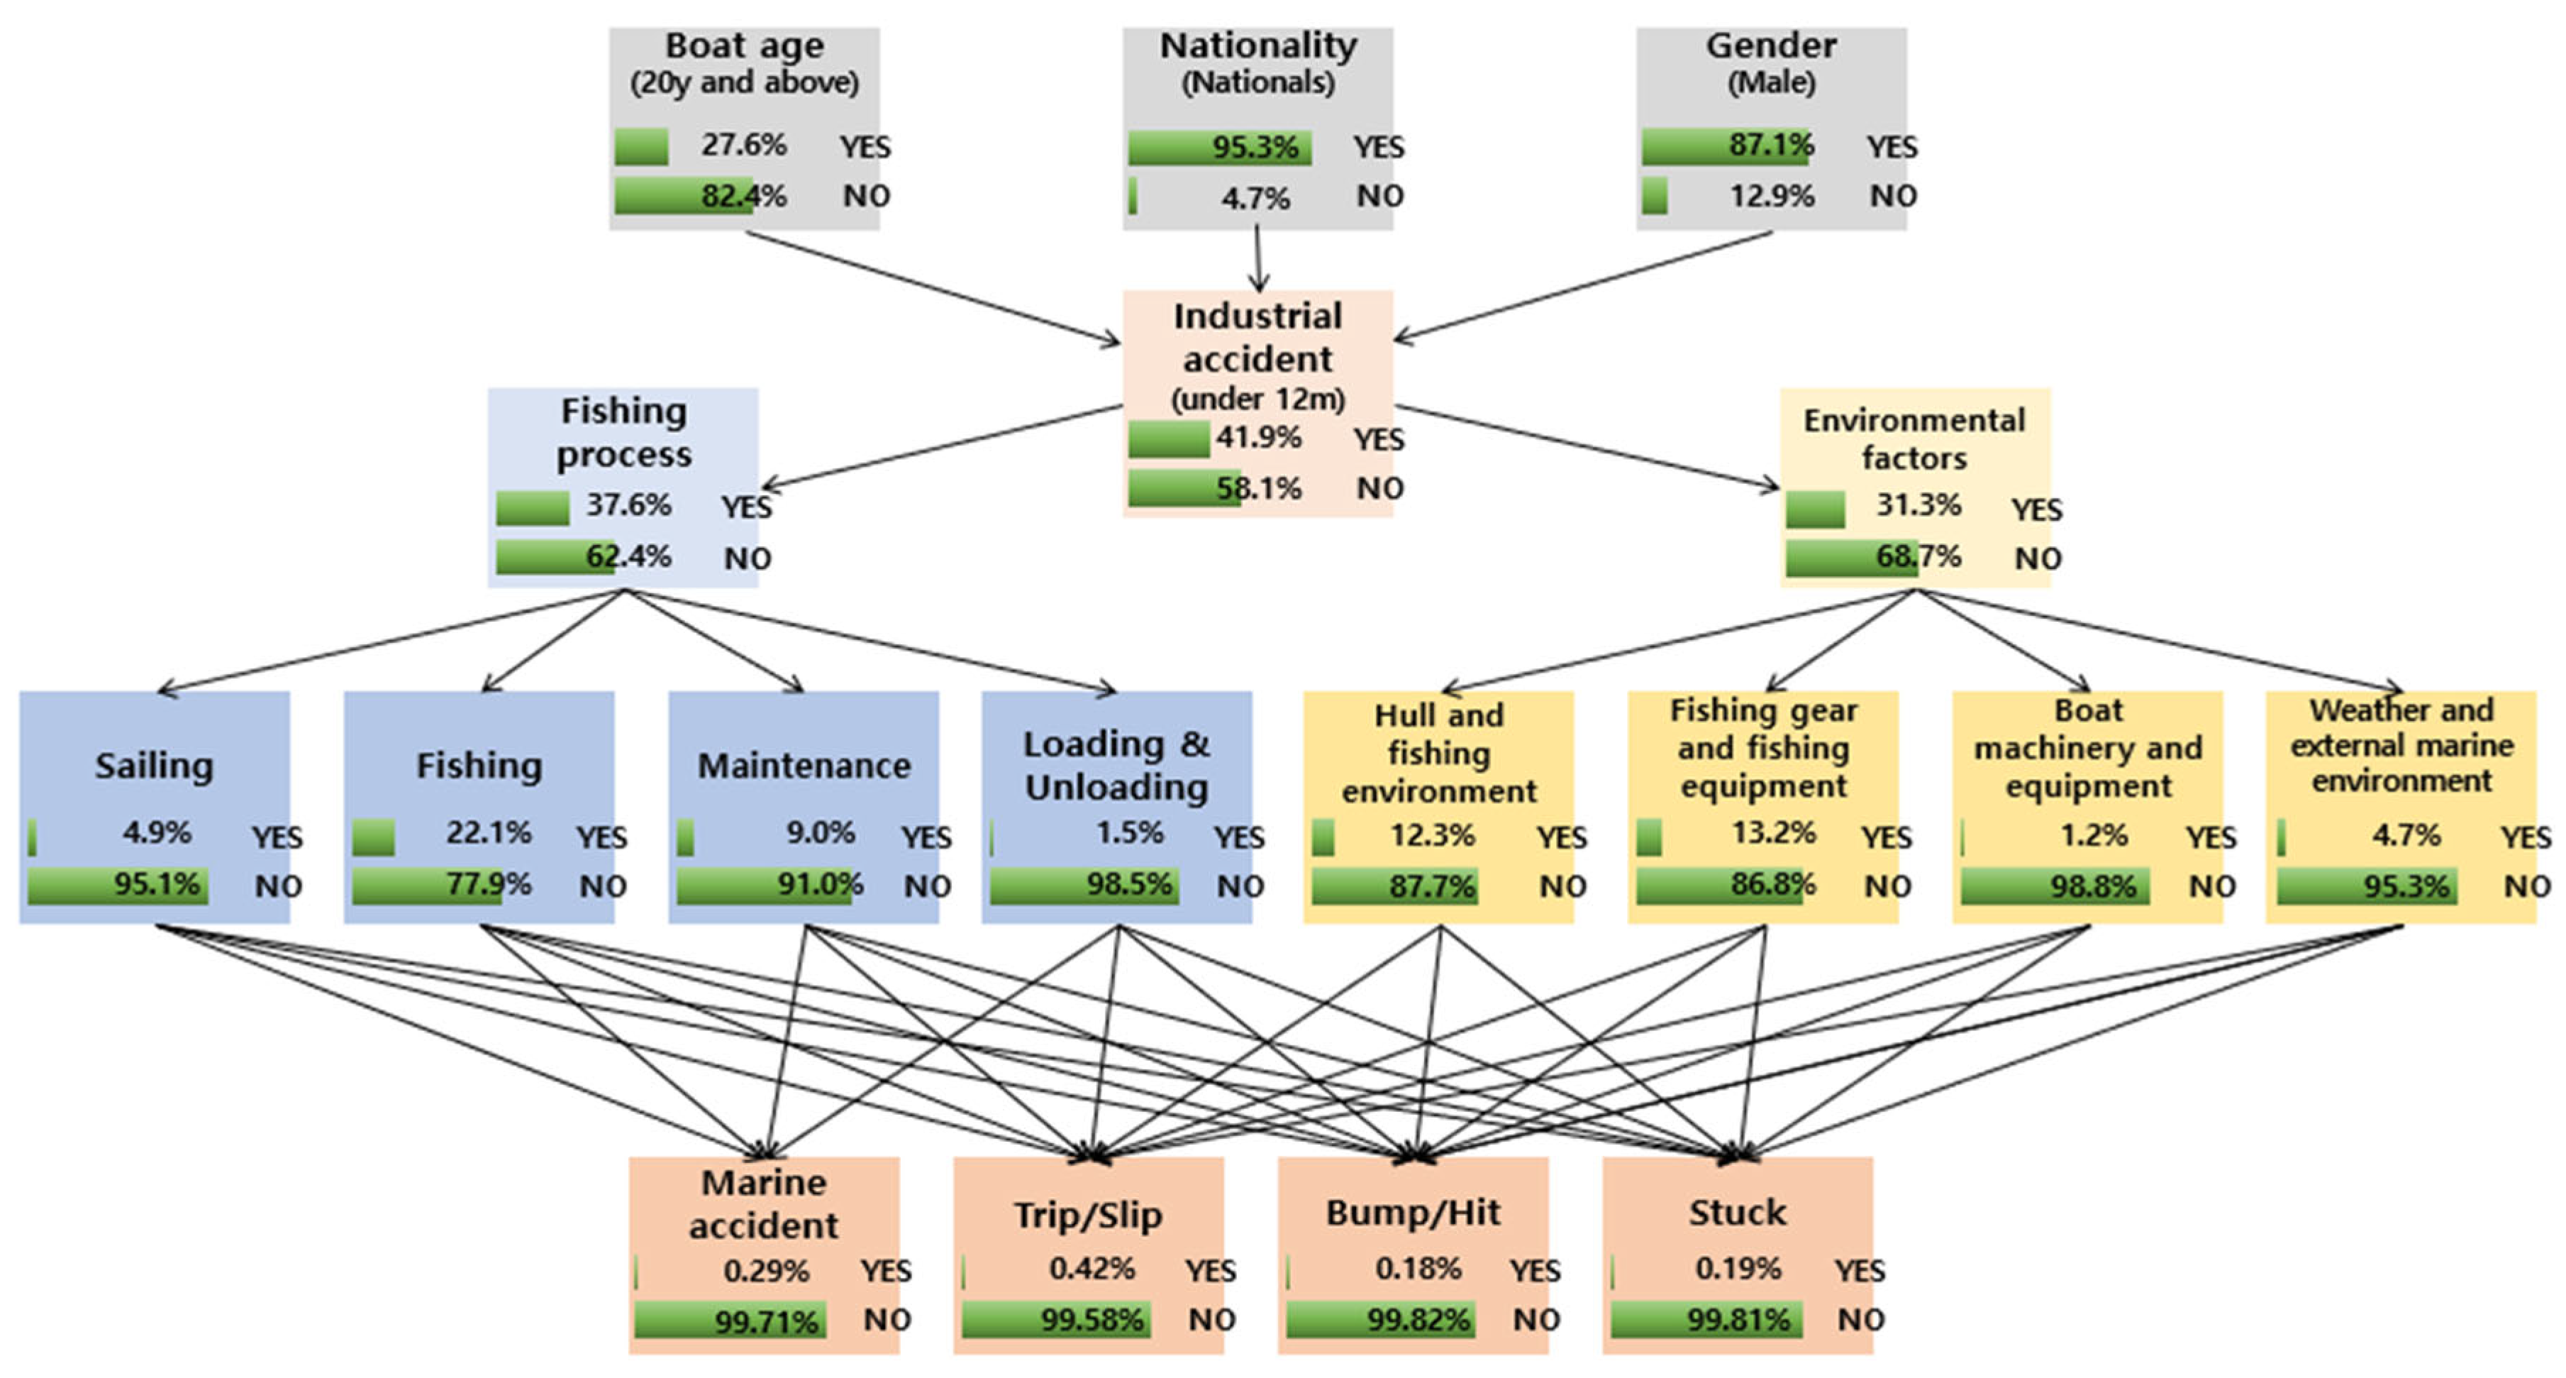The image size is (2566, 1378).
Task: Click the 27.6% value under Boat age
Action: [x=743, y=145]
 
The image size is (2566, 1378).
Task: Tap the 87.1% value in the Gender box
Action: [x=1770, y=145]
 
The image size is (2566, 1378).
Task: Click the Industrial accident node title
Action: [x=1257, y=338]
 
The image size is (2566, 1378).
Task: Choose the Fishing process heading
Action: [x=623, y=432]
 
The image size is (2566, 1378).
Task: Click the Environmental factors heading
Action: [x=1914, y=439]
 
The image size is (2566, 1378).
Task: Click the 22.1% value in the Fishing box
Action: [x=488, y=832]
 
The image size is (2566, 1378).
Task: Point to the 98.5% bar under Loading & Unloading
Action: [x=1084, y=885]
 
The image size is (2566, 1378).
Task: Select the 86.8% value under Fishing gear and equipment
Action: [x=1773, y=884]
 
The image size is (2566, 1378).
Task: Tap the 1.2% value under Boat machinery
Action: [x=2094, y=834]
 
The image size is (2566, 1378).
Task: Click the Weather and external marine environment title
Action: [x=2401, y=744]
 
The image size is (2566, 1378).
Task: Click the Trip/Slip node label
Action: [x=1088, y=1215]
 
